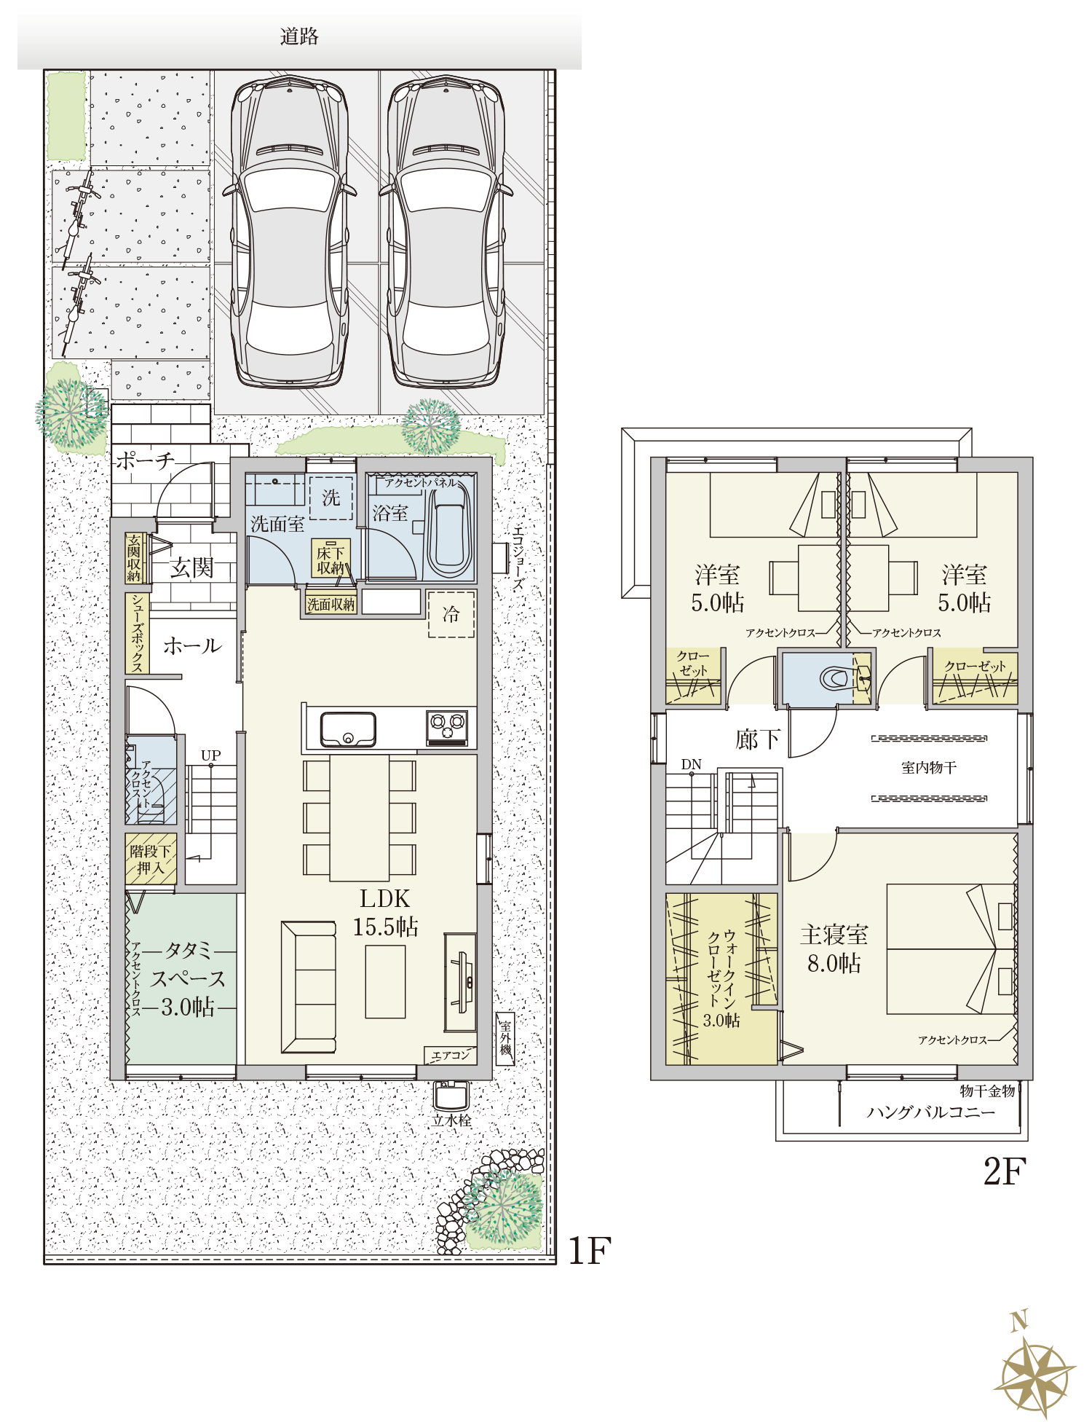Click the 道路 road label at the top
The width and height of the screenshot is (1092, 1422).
point(299,36)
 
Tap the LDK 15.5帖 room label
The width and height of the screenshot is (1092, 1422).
point(385,913)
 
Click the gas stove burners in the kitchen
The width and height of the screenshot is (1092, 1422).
point(447,728)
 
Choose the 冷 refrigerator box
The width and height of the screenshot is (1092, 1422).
point(451,614)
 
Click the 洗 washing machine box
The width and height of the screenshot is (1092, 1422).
point(331,498)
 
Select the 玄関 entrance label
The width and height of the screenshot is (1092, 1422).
point(191,567)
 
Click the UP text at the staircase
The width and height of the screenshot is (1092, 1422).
point(211,755)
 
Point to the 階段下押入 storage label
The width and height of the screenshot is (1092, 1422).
point(151,860)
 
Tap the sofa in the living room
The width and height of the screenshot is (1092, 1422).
point(309,986)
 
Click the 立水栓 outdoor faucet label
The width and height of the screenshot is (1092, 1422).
point(452,1120)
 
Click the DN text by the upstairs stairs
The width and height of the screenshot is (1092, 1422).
point(691,764)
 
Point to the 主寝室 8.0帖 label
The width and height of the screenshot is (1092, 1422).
point(834,948)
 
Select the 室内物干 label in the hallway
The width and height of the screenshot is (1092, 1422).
point(929,767)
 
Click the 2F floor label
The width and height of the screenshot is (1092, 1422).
point(1005,1172)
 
